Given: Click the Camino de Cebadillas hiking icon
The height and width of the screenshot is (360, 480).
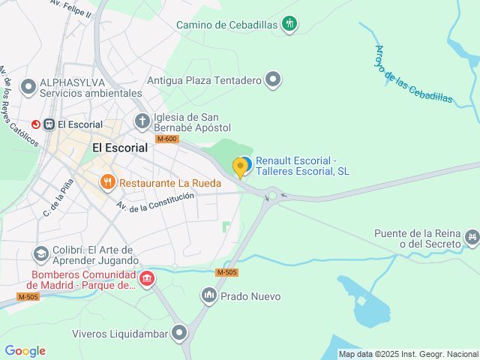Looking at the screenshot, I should pyautogui.click(x=290, y=24).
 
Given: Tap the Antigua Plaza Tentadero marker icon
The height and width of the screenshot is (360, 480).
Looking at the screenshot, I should pyautogui.click(x=273, y=79).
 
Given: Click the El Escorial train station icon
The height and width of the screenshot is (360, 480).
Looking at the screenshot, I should pyautogui.click(x=49, y=124).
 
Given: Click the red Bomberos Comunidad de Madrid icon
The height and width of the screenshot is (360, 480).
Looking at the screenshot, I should pyautogui.click(x=147, y=280).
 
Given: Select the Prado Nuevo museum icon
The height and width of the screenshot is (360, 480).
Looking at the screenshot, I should pyautogui.click(x=209, y=296).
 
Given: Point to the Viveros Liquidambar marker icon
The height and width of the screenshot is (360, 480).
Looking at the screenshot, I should pyautogui.click(x=178, y=333).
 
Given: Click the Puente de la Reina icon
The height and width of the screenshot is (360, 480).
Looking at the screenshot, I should pyautogui.click(x=471, y=238).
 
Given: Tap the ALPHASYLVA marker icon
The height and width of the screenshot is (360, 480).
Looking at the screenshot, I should pyautogui.click(x=29, y=87).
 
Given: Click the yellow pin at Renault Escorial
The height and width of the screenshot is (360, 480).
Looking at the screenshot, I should pyautogui.click(x=241, y=167).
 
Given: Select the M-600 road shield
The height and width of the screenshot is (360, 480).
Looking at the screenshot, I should pyautogui.click(x=167, y=139).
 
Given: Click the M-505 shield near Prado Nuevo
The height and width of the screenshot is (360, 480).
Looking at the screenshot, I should pyautogui.click(x=226, y=272).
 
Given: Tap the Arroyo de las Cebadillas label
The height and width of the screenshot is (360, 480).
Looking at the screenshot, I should pyautogui.click(x=413, y=73).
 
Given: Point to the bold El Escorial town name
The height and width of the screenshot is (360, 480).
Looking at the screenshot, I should pyautogui.click(x=120, y=148).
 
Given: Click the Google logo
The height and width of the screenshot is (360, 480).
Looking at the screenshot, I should pyautogui.click(x=25, y=351).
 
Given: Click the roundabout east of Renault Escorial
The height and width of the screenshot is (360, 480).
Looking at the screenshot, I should pyautogui.click(x=272, y=196).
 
